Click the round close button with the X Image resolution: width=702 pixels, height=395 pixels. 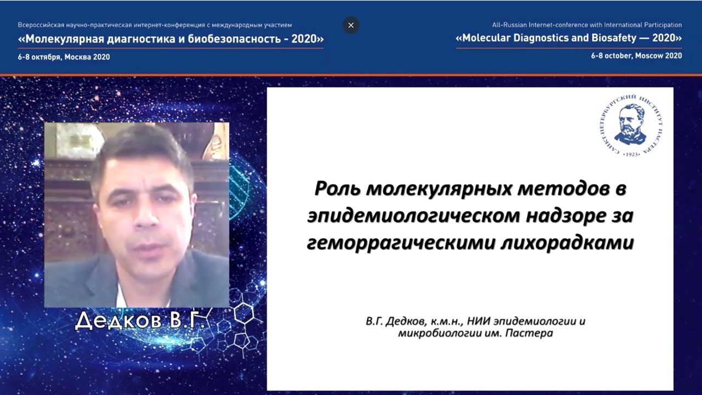tap(351, 25)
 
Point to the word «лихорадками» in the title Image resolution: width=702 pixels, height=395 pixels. tap(567, 243)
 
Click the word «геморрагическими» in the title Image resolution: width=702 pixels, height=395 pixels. tap(400, 244)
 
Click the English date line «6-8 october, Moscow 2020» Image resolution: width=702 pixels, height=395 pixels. tap(637, 56)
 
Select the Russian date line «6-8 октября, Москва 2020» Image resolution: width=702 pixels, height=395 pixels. tap(64, 57)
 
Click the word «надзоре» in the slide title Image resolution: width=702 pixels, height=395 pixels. tap(565, 216)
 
